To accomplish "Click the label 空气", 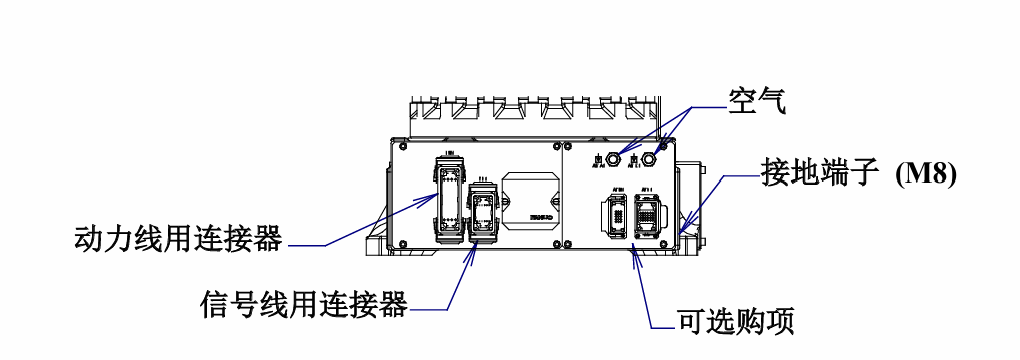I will (x=757, y=101).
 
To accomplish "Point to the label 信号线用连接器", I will (x=304, y=303).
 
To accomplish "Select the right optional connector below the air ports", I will (x=646, y=215).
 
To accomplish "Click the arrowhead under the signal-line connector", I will (x=474, y=247).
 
